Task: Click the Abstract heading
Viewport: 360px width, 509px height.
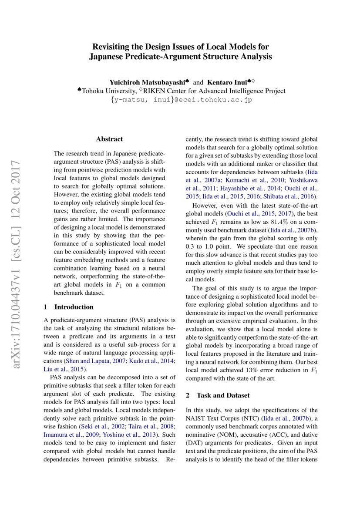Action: click(109, 139)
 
